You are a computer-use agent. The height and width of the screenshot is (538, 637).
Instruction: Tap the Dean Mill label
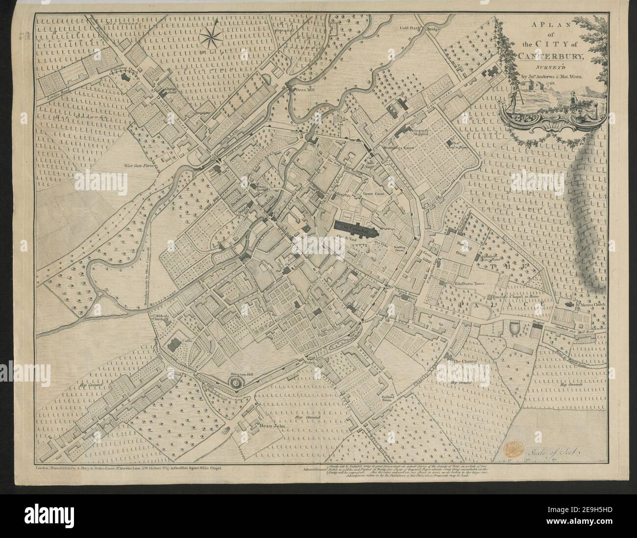point(303,90)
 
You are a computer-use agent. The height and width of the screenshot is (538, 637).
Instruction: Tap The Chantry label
point(465,361)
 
